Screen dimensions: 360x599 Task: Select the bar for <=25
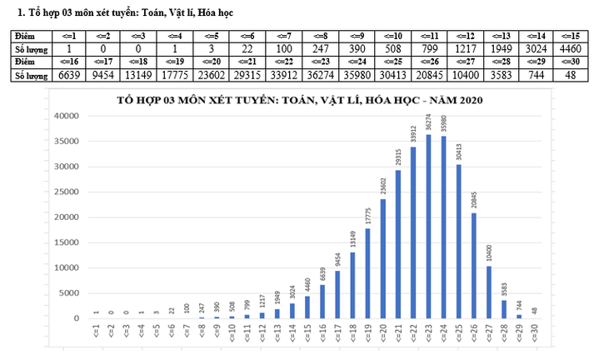pos(458,242)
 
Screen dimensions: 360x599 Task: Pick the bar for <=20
pos(383,258)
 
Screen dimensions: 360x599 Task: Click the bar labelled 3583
pos(504,309)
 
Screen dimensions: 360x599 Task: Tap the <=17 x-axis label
pos(338,333)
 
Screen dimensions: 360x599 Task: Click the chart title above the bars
pos(299,100)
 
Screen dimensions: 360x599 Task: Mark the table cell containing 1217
pos(466,48)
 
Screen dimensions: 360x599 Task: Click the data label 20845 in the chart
pos(474,199)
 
